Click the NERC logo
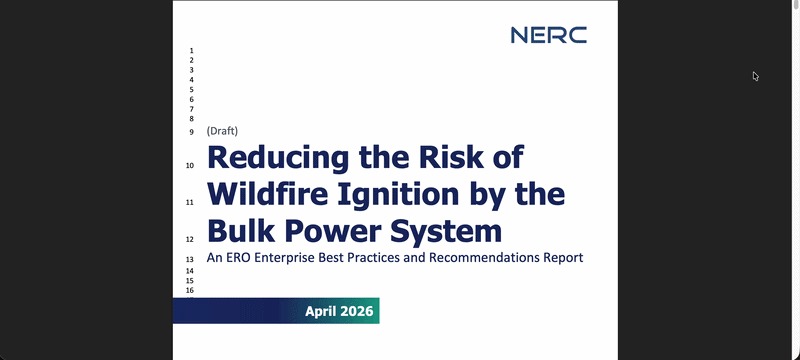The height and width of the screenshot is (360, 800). pos(548,35)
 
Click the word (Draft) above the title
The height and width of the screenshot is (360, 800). pos(222,131)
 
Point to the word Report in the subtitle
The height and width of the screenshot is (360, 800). pos(562,258)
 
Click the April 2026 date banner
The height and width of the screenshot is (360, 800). pos(277,311)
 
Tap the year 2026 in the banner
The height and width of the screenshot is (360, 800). pos(356,311)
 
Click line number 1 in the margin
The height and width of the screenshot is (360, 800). pos(191,51)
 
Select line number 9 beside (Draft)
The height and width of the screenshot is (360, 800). pos(191,132)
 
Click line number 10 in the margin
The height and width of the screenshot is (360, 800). pos(189,166)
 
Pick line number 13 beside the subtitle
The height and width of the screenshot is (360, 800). pos(189,259)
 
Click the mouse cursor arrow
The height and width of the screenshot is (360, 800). pos(756,76)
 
